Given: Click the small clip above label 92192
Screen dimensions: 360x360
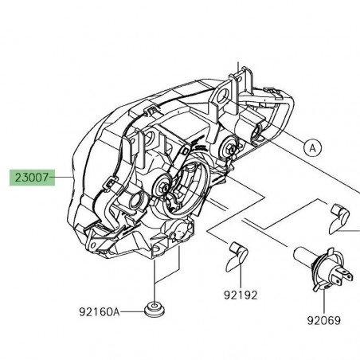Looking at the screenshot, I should tap(238, 254).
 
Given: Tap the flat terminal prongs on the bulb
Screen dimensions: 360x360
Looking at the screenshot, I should tap(343, 276).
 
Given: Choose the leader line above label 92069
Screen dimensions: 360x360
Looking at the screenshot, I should tap(323, 299).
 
